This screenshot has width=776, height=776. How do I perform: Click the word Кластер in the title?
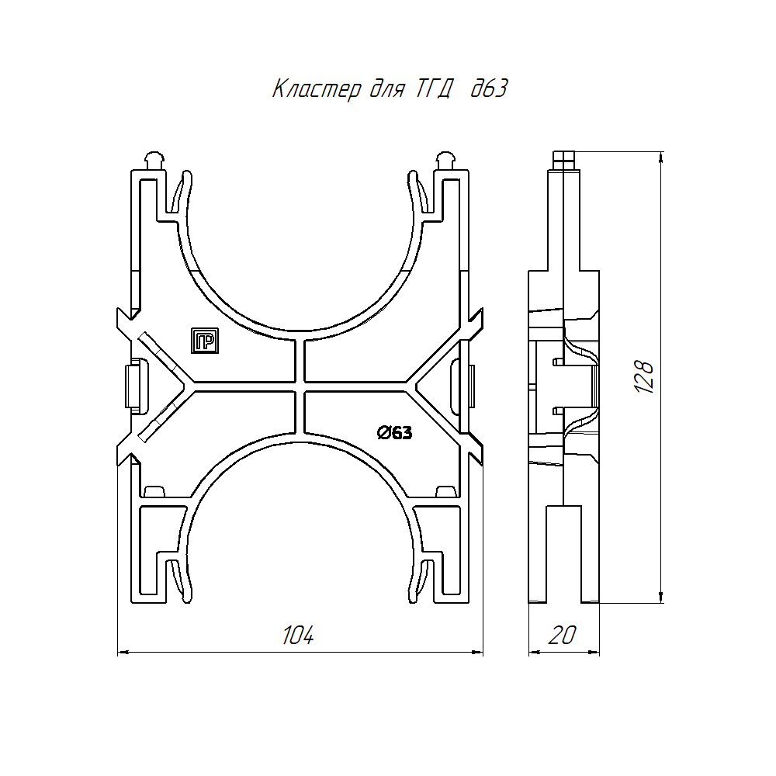[317, 89]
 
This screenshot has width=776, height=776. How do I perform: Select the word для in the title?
[388, 90]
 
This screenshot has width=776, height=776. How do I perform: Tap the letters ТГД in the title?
[434, 89]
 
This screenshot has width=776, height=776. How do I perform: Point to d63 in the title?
[489, 88]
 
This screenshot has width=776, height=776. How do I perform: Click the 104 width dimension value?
[298, 635]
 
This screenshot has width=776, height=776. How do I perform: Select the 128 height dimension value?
[644, 376]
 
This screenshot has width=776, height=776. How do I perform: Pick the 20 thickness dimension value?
[562, 635]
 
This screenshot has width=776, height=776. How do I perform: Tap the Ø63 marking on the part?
[394, 433]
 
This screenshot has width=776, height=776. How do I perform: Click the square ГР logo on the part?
[205, 341]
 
